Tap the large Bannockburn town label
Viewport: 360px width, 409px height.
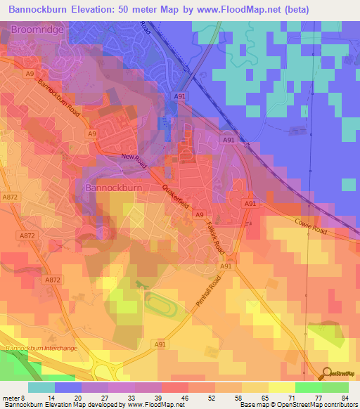[113, 188]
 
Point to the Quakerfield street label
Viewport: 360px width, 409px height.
[175, 197]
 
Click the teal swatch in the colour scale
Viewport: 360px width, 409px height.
[41, 387]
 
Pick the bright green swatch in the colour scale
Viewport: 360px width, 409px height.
[308, 387]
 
